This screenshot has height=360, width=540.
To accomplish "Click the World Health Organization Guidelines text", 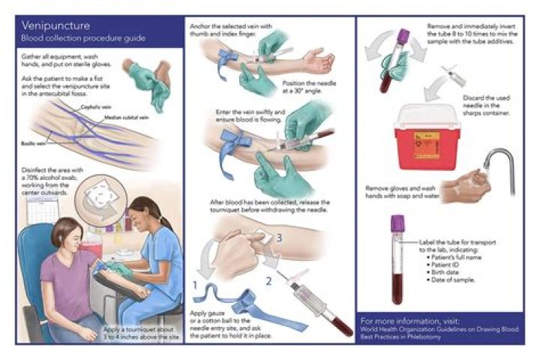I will point(433,330).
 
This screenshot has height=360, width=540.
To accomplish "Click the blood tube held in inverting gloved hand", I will point(388,67).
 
